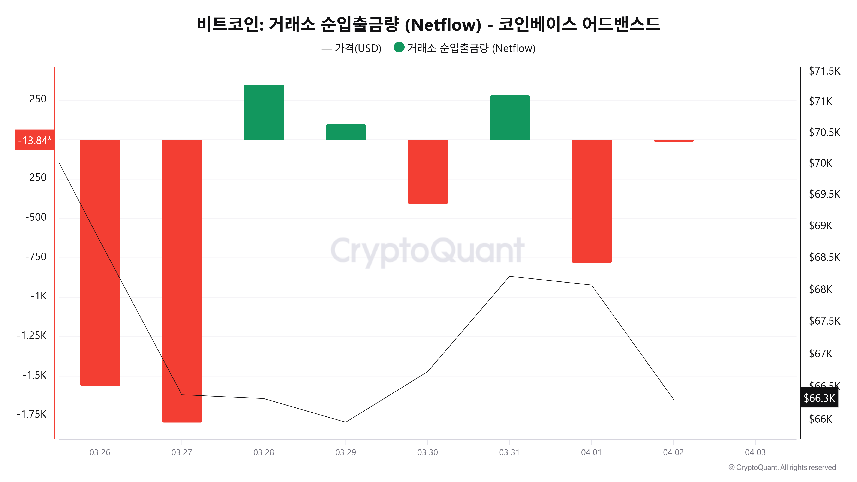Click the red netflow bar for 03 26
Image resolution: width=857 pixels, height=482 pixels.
(x=100, y=263)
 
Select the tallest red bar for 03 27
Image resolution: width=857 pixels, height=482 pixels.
(x=182, y=281)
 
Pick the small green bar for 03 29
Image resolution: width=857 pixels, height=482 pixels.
(x=346, y=132)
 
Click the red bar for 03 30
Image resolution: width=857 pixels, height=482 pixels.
(x=428, y=172)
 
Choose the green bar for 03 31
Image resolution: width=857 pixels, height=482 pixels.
(x=510, y=117)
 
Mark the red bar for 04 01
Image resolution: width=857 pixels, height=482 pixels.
(x=592, y=201)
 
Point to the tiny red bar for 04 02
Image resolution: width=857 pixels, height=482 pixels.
(x=673, y=141)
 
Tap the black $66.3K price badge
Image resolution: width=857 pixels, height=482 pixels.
(x=819, y=398)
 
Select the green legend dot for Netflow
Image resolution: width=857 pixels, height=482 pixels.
(x=399, y=48)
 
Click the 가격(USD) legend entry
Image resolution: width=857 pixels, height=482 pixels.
(x=358, y=49)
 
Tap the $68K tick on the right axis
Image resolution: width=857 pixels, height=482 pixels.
(x=820, y=289)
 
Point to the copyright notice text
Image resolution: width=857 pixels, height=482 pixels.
(x=782, y=467)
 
